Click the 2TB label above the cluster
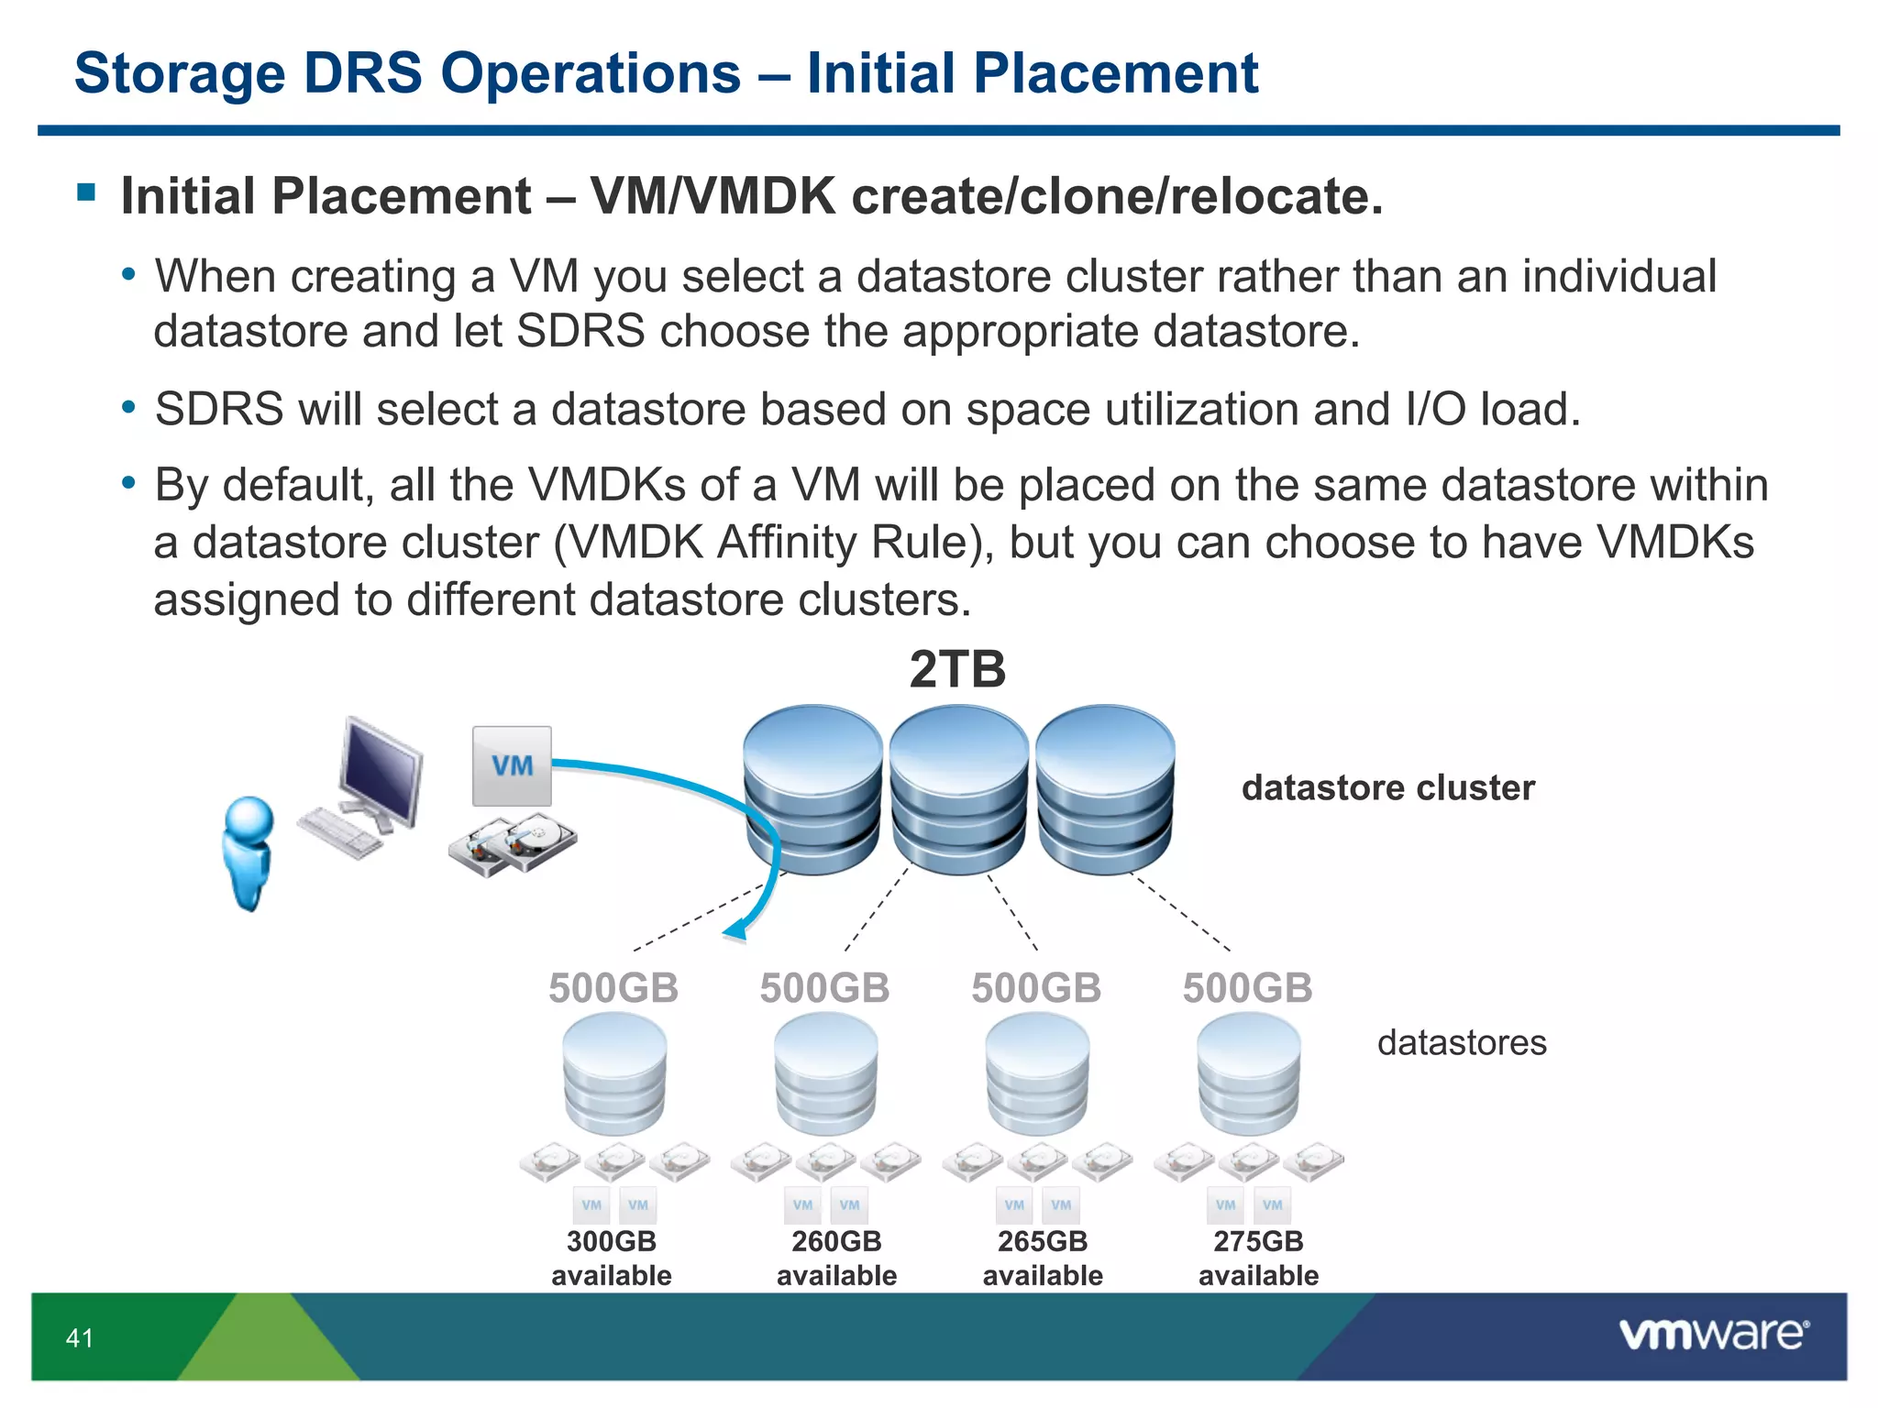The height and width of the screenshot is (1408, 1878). tap(957, 669)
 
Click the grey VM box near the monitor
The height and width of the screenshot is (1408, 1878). tap(512, 766)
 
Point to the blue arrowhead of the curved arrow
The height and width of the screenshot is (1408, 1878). tap(736, 931)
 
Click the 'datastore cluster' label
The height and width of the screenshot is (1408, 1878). tap(1387, 788)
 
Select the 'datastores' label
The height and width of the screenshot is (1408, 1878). tap(1461, 1043)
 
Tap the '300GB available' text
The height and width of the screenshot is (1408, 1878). tap(612, 1258)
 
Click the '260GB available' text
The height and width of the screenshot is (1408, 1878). tap(836, 1258)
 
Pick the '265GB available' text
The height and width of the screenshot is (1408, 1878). tap(1043, 1258)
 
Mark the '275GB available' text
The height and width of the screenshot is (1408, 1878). tap(1258, 1258)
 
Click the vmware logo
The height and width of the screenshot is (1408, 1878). tap(1713, 1335)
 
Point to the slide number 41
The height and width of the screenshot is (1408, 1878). tap(80, 1338)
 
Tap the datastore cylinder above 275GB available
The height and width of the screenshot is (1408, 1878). tap(1248, 1074)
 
